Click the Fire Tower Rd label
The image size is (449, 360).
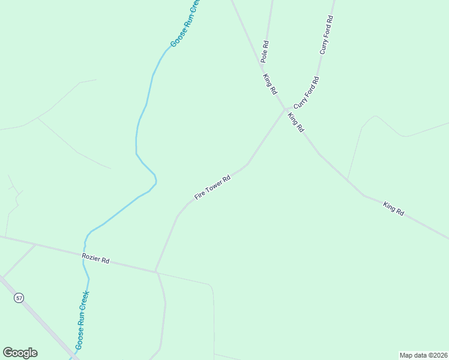pyautogui.click(x=212, y=188)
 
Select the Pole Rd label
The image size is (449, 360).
pyautogui.click(x=265, y=52)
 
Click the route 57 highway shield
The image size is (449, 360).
pyautogui.click(x=19, y=298)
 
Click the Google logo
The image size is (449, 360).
pyautogui.click(x=20, y=352)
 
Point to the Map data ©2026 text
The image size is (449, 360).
pyautogui.click(x=423, y=355)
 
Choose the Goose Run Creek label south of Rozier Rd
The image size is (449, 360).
pyautogui.click(x=82, y=320)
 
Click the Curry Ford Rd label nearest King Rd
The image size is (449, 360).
pyautogui.click(x=306, y=93)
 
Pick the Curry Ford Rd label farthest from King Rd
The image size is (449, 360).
pyautogui.click(x=327, y=35)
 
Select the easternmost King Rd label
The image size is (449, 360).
pyautogui.click(x=394, y=209)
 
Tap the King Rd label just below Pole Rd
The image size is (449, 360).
pyautogui.click(x=270, y=83)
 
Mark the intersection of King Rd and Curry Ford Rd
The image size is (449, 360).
pyautogui.click(x=285, y=109)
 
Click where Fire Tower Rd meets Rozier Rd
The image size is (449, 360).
pyautogui.click(x=156, y=271)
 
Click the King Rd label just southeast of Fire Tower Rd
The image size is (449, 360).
pyautogui.click(x=296, y=122)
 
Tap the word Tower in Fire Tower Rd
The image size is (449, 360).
pyautogui.click(x=214, y=187)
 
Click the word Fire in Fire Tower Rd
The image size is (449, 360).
pyautogui.click(x=200, y=195)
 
